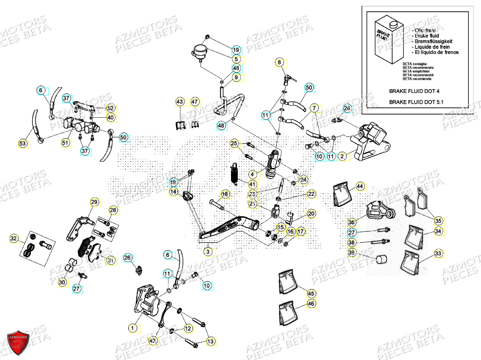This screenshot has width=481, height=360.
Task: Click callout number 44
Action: [x=360, y=186]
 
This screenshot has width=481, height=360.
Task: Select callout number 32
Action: [x=14, y=238]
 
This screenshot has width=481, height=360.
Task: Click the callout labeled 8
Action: [x=279, y=62]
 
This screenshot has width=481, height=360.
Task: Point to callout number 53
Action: [x=23, y=144]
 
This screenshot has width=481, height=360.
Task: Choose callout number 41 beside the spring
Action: [x=252, y=184]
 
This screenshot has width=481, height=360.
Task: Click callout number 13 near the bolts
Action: [x=211, y=341]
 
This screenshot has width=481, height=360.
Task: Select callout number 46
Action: [x=311, y=304]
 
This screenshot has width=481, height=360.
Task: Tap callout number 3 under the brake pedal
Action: [x=207, y=252]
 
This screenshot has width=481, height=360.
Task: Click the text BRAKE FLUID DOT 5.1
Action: [x=416, y=102]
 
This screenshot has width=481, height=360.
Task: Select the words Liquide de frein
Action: [x=433, y=47]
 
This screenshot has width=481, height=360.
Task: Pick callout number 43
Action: [x=180, y=102]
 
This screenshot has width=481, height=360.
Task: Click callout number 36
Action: [x=352, y=222]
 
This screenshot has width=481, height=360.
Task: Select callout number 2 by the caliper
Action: [x=342, y=157]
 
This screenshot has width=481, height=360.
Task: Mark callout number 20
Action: [x=311, y=213]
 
